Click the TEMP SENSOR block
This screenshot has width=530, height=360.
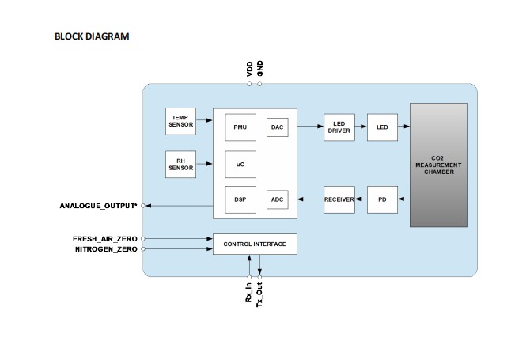[180, 121]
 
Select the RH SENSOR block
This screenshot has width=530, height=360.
[180, 165]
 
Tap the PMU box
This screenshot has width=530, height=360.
[240, 127]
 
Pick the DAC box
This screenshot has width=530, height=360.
[277, 127]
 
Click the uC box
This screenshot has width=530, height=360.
[240, 165]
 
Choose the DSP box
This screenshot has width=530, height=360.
[240, 199]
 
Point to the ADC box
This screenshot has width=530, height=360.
[277, 199]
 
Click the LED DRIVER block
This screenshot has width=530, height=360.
[339, 127]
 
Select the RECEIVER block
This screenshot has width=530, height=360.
[339, 199]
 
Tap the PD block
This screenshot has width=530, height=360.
[382, 199]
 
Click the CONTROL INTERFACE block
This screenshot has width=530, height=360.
[255, 244]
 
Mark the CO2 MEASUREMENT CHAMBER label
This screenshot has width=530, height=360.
[438, 165]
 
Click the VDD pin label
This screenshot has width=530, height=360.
[249, 69]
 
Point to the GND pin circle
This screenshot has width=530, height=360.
[259, 84]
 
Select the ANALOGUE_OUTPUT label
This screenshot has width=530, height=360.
[98, 206]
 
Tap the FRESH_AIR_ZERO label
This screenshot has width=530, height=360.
[104, 239]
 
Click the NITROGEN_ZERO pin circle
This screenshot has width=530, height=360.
[143, 249]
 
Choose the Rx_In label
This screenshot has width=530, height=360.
[248, 293]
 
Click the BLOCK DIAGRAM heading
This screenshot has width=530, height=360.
[92, 36]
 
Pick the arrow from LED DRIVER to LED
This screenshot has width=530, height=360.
[361, 127]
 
